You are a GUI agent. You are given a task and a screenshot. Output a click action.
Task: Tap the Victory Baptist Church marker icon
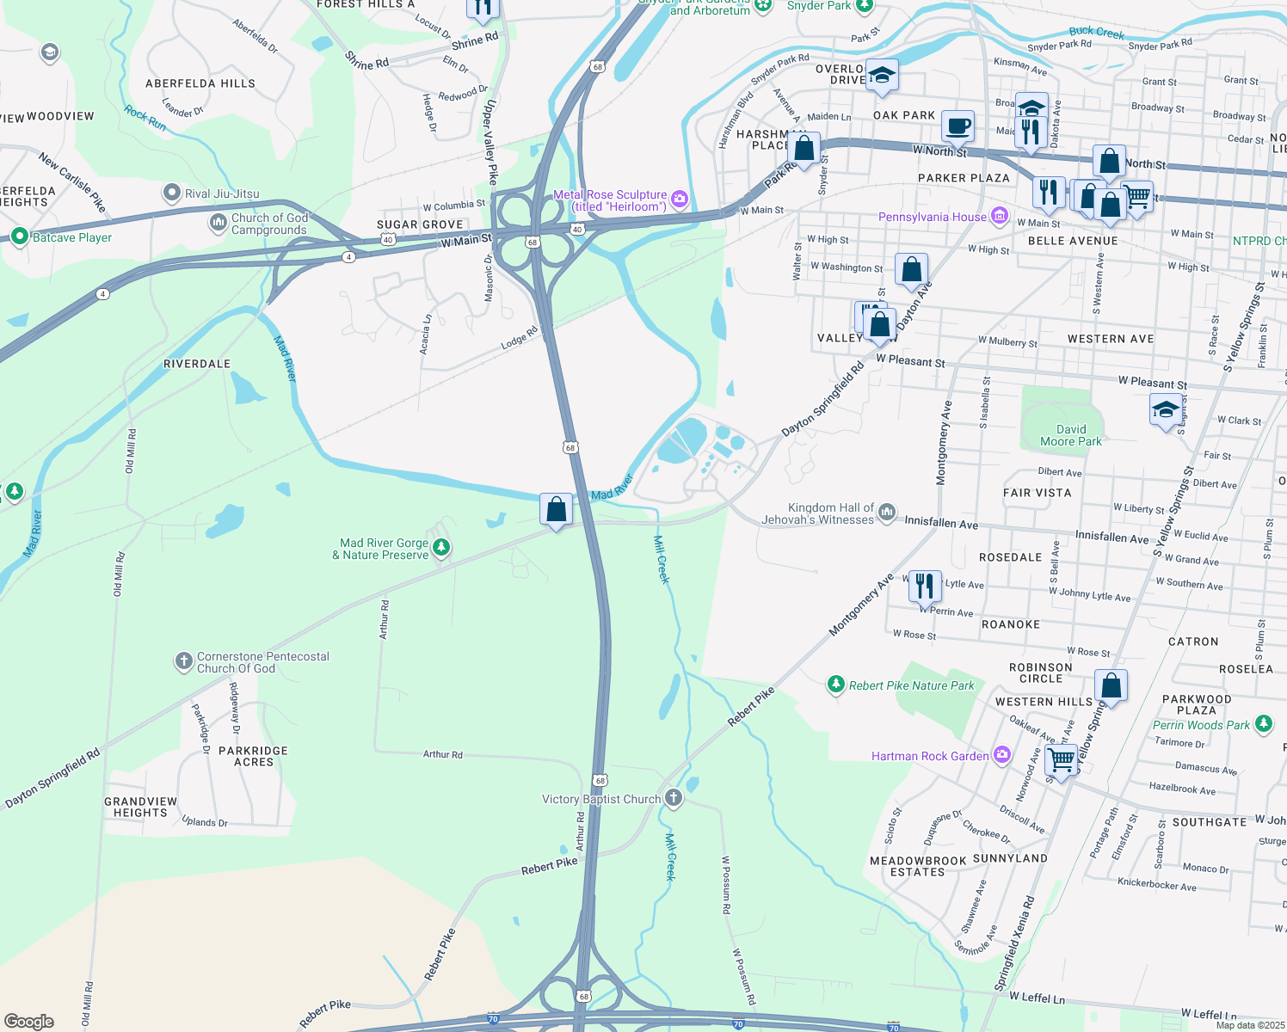674,798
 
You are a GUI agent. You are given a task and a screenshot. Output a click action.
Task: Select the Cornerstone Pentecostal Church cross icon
183,661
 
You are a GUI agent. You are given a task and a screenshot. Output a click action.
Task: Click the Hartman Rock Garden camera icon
1001,756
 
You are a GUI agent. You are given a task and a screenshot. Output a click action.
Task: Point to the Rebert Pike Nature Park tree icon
835,685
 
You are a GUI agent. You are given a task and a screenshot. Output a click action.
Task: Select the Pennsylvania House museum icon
999,216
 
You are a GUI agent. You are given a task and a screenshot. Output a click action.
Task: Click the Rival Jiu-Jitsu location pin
172,193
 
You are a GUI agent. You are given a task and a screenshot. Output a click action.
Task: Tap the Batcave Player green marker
19,236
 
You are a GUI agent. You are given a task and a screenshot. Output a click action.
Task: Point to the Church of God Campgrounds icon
219,224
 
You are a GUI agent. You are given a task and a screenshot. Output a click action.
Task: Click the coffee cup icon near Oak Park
958,126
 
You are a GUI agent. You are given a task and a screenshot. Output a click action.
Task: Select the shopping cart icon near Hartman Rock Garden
1062,760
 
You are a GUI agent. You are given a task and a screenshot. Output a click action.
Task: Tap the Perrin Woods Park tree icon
1263,724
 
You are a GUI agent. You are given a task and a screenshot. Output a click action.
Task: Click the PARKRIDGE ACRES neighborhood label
253,756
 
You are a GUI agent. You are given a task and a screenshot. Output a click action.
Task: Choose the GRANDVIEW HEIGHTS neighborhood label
140,807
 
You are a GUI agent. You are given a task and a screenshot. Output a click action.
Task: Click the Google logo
29,1021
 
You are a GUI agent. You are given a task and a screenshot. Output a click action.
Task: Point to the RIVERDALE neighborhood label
197,364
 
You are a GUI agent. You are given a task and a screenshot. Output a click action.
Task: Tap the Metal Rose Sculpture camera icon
680,200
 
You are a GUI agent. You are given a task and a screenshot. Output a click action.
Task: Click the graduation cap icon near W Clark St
1166,410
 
